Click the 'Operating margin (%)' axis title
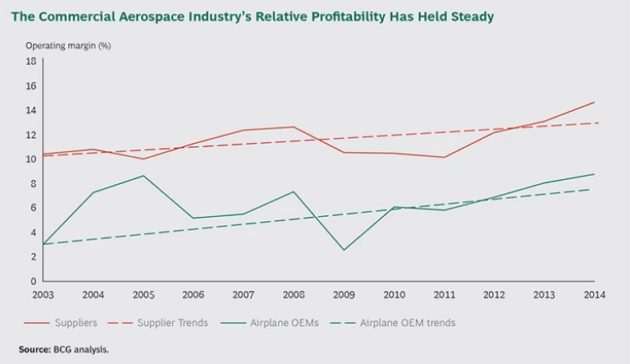(67, 45)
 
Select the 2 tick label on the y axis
(32, 256)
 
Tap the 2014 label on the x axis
(594, 294)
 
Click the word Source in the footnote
(34, 349)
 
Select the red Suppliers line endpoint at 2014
(594, 103)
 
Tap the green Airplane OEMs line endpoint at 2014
(594, 174)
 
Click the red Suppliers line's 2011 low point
(443, 157)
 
